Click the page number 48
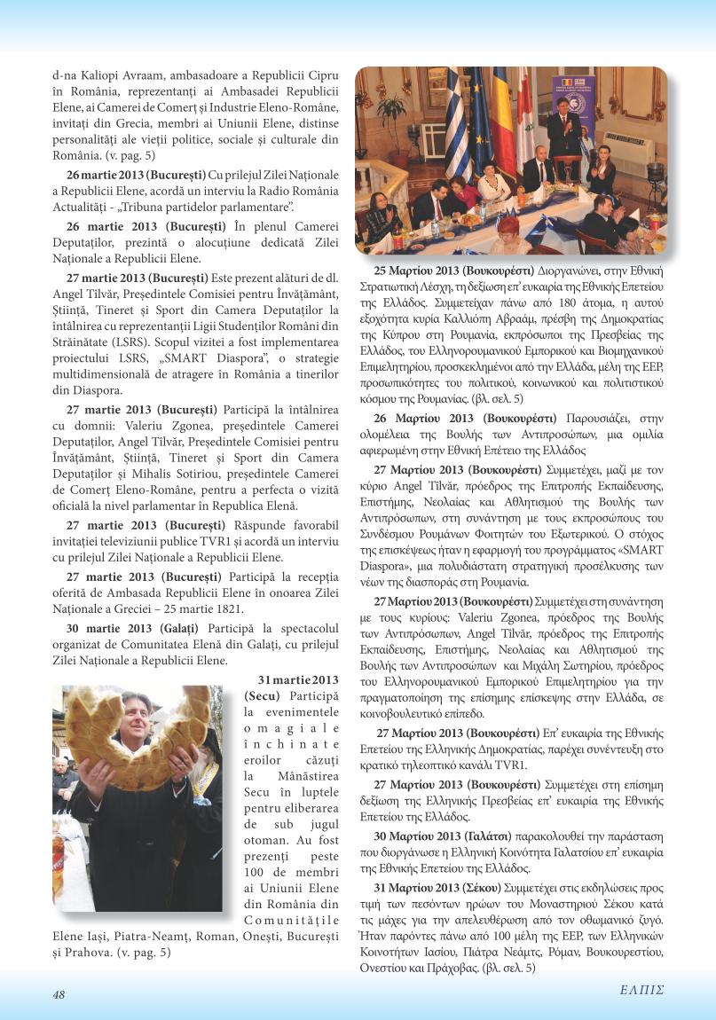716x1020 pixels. tap(59, 994)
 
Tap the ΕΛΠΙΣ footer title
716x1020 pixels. tap(641, 990)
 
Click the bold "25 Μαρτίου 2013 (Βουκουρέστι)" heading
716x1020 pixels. tap(454, 270)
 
